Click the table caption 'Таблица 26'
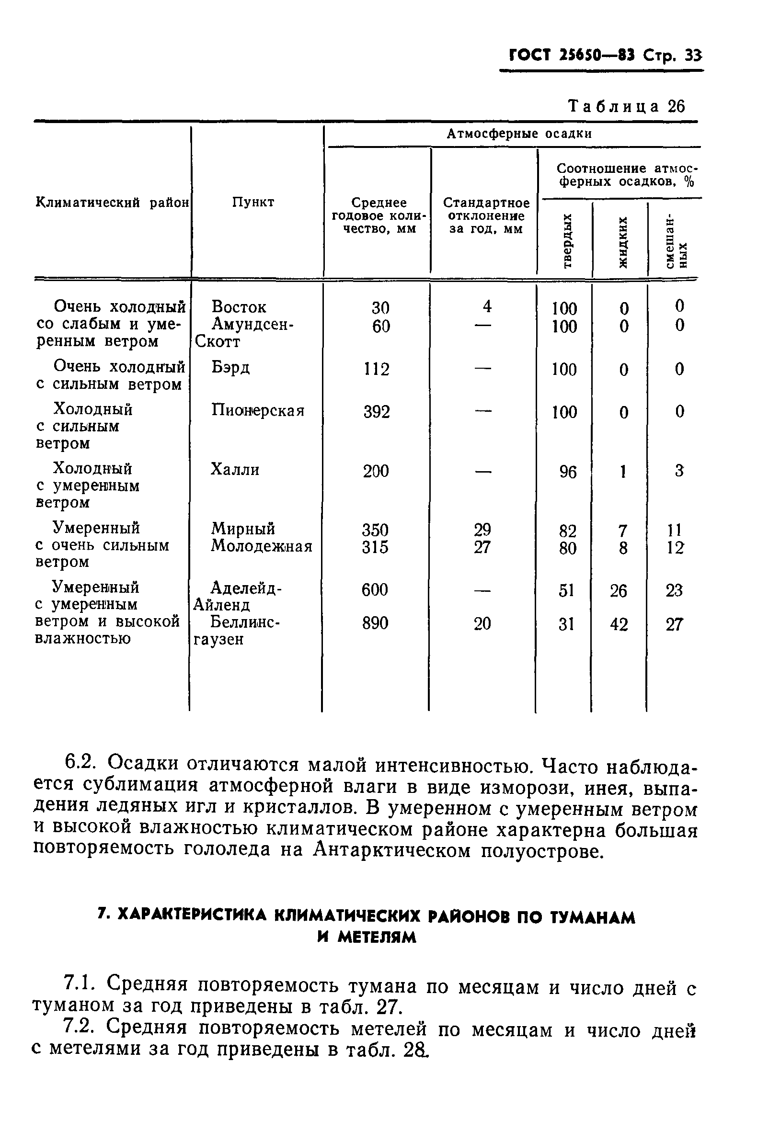click(x=626, y=106)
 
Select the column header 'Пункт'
click(x=253, y=202)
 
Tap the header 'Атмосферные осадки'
click(x=519, y=134)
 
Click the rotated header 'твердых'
click(x=567, y=241)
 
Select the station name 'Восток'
click(x=239, y=307)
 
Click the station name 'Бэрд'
click(x=230, y=368)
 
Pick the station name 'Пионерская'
click(x=258, y=410)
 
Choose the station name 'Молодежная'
click(x=262, y=546)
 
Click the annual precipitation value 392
click(x=376, y=412)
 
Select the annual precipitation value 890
click(x=375, y=623)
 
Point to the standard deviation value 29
click(x=482, y=530)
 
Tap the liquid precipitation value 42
click(x=619, y=624)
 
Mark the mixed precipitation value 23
click(x=674, y=590)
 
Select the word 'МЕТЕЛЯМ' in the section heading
click(x=367, y=937)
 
